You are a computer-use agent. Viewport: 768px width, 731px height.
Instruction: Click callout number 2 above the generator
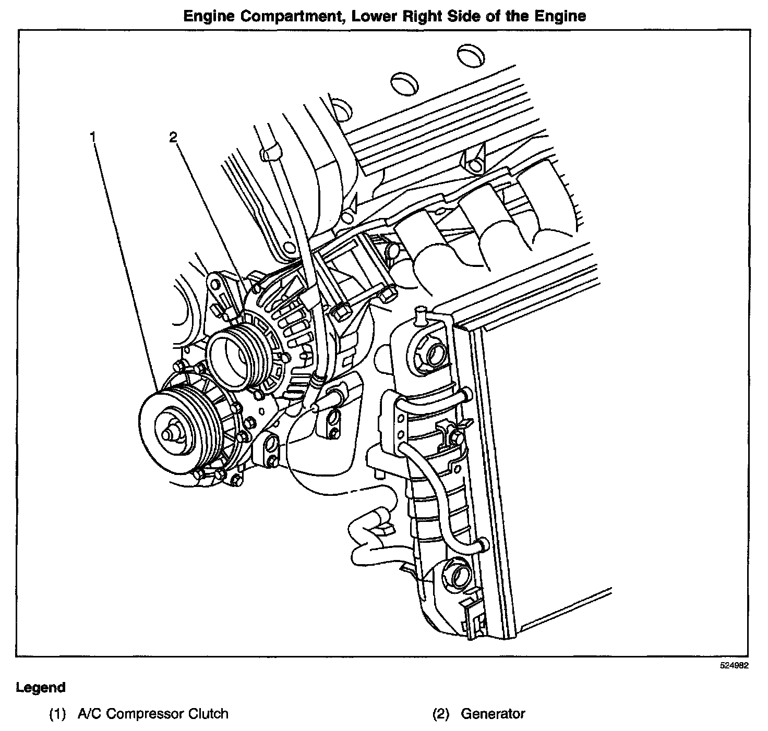click(173, 137)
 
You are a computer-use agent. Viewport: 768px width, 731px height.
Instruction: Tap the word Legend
click(41, 687)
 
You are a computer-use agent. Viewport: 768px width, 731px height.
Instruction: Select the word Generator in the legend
click(493, 713)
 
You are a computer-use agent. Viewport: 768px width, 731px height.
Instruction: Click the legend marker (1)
click(57, 713)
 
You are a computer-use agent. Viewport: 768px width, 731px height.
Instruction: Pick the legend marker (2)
click(441, 713)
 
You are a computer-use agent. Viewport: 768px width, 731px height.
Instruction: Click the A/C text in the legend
click(87, 713)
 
